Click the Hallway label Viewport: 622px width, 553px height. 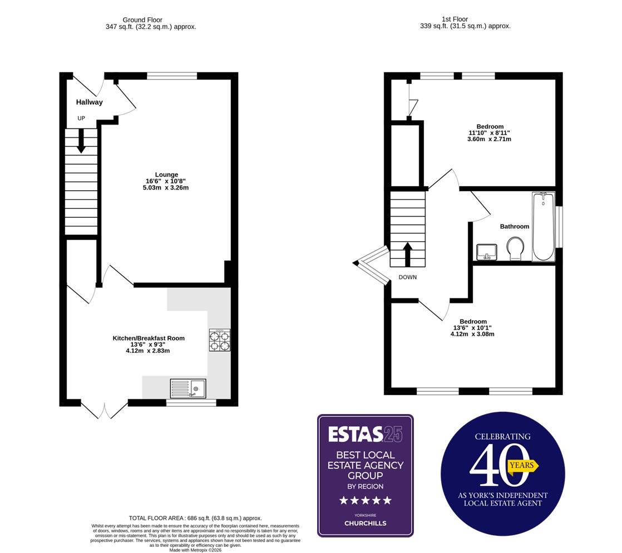(89, 102)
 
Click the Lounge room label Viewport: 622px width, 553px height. (166, 175)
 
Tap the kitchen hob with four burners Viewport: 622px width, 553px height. (220, 340)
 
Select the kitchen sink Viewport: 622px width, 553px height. (188, 387)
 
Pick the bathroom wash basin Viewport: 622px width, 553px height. (487, 251)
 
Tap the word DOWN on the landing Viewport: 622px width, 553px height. (407, 277)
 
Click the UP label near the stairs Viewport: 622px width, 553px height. (81, 118)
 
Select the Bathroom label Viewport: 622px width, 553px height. (514, 227)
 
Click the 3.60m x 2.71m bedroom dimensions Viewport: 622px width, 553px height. (489, 139)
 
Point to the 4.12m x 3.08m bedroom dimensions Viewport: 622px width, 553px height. (472, 334)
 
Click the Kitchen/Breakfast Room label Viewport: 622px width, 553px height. (149, 338)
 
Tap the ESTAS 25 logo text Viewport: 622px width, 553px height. (364, 434)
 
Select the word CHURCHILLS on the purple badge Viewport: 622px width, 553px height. (365, 523)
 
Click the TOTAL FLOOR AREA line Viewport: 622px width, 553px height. (195, 518)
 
